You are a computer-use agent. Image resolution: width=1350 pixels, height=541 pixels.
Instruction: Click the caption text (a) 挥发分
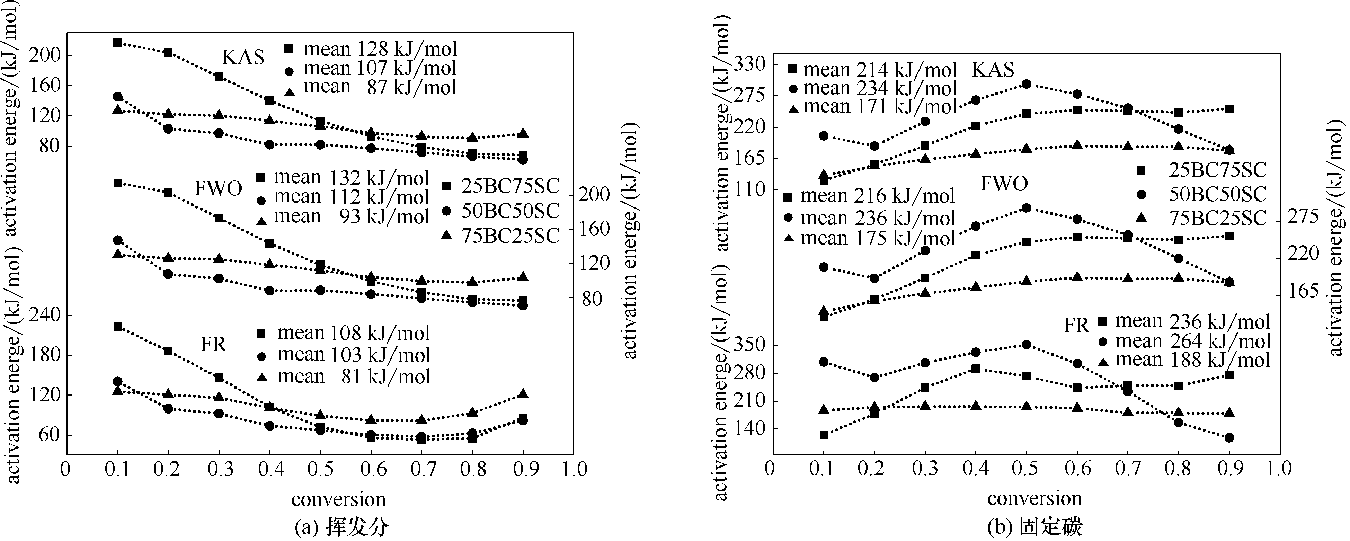pyautogui.click(x=342, y=526)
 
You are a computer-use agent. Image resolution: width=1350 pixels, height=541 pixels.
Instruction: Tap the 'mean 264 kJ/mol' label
pyautogui.click(x=1193, y=341)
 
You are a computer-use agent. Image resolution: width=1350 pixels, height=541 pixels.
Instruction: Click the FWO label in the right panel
pyautogui.click(x=1004, y=184)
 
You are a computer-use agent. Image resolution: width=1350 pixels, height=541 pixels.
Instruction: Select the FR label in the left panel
pyautogui.click(x=213, y=344)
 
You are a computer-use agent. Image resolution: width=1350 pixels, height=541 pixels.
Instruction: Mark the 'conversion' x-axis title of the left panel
pyautogui.click(x=339, y=499)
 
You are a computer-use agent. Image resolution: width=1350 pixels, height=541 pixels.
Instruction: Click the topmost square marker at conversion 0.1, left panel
pyautogui.click(x=118, y=43)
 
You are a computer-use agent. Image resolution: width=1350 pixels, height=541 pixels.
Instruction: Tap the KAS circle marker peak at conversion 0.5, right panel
pyautogui.click(x=1027, y=84)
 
